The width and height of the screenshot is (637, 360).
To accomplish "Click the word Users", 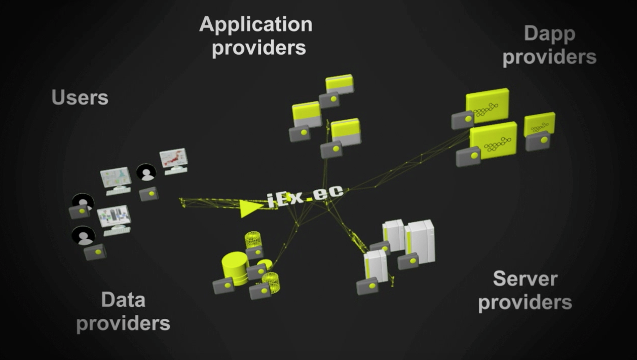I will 80,97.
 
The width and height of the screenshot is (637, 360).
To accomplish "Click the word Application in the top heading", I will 255,25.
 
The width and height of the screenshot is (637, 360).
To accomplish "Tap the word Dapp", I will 549,34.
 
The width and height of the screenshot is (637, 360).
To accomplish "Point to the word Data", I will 123,300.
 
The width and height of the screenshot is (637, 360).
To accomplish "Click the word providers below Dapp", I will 549,57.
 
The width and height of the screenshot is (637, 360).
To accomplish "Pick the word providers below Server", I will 525,302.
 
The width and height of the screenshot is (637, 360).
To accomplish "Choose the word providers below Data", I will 123,323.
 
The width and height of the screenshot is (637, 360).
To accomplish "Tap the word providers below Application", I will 259,48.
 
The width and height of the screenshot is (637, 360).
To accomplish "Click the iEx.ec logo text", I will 305,195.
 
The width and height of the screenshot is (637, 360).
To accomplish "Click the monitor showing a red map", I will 174,159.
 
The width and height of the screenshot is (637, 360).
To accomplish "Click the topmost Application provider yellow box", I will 339,84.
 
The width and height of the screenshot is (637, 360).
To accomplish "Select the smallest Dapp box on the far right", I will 539,124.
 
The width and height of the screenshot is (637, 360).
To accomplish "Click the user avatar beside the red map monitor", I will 146,173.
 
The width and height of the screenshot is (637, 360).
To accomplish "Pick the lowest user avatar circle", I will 83,235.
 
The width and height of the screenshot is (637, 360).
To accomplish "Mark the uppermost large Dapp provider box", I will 487,105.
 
